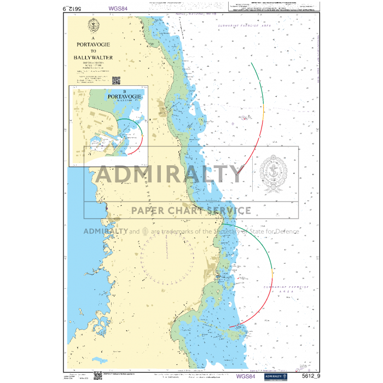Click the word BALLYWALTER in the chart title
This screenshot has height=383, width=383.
(94, 56)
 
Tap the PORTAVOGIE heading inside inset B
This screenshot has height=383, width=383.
(125, 96)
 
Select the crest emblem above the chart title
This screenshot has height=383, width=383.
(94, 25)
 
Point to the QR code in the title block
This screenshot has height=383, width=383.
(116, 80)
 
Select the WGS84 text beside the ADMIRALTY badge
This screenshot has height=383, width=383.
(245, 376)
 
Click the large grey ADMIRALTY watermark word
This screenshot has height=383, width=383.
(169, 174)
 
